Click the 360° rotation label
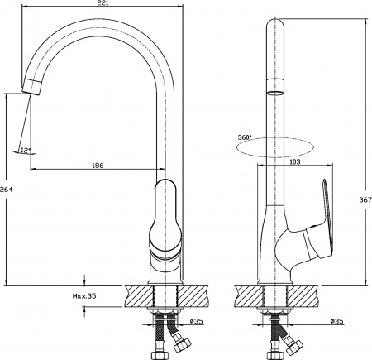(243, 137)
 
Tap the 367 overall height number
(365, 199)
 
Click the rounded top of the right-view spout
(275, 25)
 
